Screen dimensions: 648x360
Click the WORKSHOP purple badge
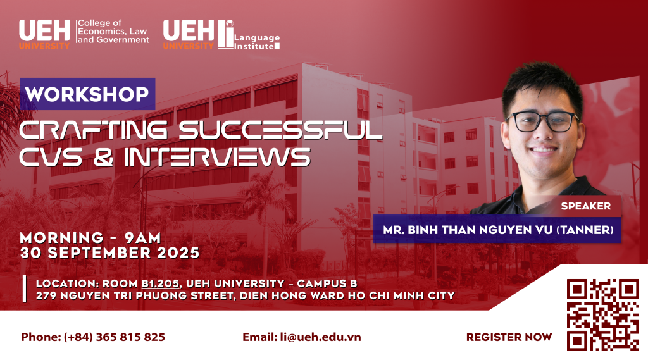[87, 94]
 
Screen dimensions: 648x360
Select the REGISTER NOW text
[509, 337]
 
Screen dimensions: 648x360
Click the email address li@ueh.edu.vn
[320, 337]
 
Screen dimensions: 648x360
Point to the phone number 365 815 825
[130, 337]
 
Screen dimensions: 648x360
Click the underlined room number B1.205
[160, 284]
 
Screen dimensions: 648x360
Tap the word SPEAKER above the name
[585, 206]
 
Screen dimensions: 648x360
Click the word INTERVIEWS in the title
[218, 157]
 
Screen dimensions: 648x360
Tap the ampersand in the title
[103, 157]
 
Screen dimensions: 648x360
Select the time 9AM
[142, 238]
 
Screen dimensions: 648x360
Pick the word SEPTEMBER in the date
[99, 253]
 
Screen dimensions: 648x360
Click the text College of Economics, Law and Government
[113, 32]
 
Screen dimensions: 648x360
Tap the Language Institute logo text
[257, 42]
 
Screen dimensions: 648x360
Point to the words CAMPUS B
[327, 284]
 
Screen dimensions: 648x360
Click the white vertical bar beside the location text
[25, 289]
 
